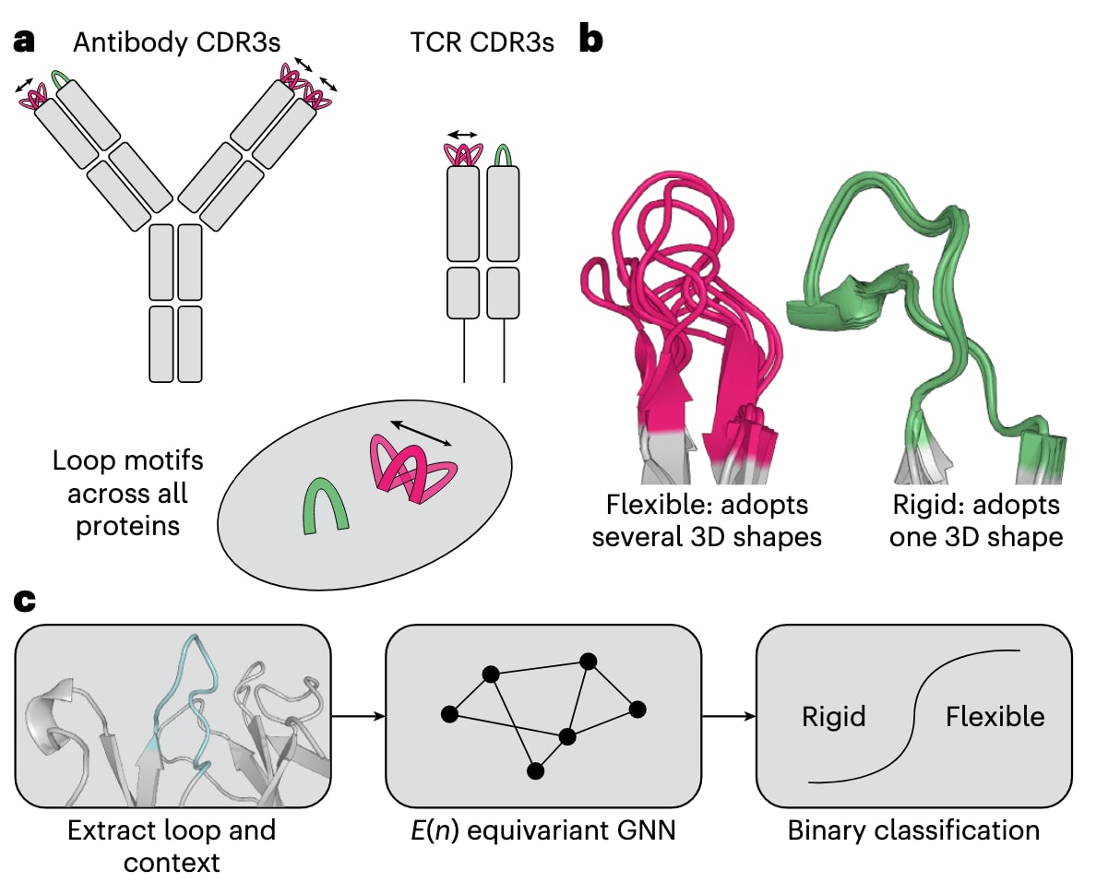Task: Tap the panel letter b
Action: [590, 42]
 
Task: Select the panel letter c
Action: [26, 601]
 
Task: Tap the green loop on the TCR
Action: [503, 154]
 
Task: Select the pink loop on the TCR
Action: [462, 154]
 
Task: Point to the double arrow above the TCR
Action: [462, 134]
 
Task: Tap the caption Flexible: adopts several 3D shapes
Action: [707, 521]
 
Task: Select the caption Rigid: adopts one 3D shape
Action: [975, 521]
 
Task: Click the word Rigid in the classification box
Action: [834, 716]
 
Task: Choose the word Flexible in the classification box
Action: [995, 716]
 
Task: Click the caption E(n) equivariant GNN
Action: [544, 830]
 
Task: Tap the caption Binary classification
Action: [913, 830]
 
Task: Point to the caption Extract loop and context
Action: [172, 845]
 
